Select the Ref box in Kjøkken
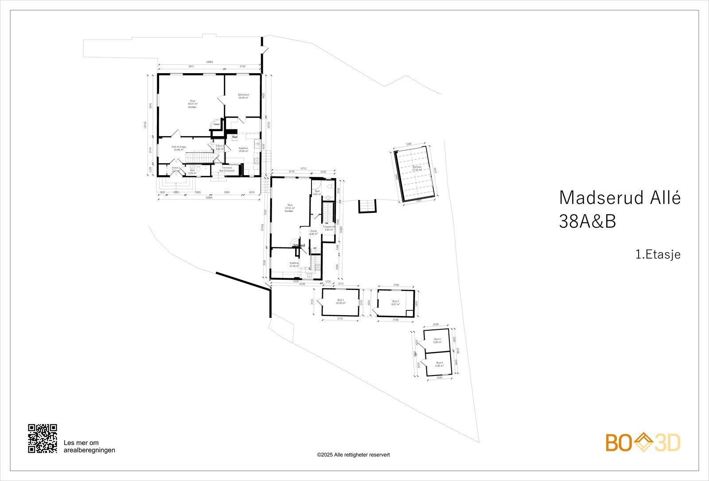click(235, 137)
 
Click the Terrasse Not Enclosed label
click(226, 169)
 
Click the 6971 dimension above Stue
click(191, 66)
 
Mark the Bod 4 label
click(439, 364)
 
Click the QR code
click(43, 438)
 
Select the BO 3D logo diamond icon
click(643, 442)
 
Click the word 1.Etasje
click(658, 254)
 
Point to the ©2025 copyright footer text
click(353, 454)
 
